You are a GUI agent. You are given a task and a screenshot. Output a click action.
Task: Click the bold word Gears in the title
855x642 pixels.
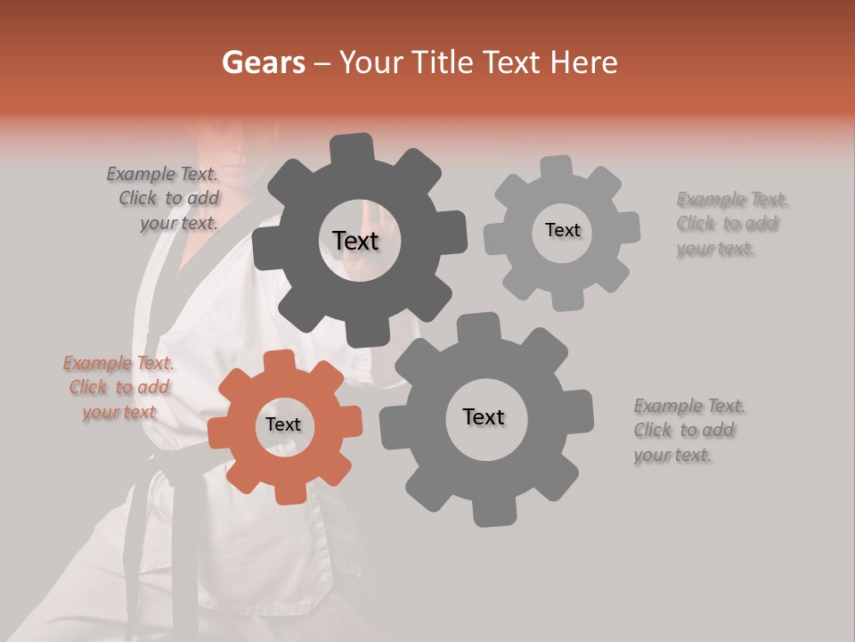(x=263, y=62)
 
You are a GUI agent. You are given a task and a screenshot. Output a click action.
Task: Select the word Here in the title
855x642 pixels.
(x=584, y=62)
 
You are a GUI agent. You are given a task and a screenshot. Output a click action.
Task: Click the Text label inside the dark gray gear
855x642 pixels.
(x=355, y=241)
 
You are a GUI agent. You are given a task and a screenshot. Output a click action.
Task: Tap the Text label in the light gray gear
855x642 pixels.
(x=562, y=230)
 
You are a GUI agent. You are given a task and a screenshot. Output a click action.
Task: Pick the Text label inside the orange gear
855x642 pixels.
(x=283, y=425)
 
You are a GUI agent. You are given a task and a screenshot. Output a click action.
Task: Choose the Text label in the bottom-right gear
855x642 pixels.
(x=484, y=416)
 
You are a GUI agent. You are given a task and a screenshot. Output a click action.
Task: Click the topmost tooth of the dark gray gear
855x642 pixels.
(x=354, y=147)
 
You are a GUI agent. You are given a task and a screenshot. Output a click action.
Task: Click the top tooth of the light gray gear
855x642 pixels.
(x=557, y=167)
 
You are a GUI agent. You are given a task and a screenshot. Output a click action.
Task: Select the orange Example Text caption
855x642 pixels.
(x=118, y=387)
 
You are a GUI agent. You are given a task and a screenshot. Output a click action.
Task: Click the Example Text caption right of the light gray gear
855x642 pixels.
(x=731, y=224)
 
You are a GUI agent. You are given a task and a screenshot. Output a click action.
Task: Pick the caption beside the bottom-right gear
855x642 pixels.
(x=688, y=431)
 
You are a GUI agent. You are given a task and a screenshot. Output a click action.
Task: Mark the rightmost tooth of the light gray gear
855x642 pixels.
(x=629, y=226)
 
